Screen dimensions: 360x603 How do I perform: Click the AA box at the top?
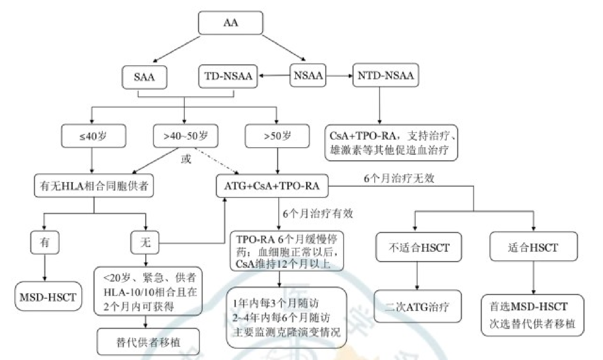click(x=231, y=23)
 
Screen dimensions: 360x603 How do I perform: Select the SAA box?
click(x=144, y=77)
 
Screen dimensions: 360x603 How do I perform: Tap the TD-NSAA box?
click(x=228, y=76)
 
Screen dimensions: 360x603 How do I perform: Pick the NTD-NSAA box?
click(x=385, y=76)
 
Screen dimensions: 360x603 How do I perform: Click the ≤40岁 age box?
click(x=93, y=136)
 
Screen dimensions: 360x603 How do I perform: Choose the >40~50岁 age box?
click(x=185, y=136)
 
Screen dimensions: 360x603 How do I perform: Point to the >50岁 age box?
click(x=277, y=136)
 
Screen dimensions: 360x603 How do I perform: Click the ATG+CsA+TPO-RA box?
click(x=272, y=186)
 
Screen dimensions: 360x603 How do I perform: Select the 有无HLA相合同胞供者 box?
click(x=94, y=185)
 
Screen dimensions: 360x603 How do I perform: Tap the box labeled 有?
click(x=45, y=242)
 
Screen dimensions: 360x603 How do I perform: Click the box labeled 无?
click(x=145, y=242)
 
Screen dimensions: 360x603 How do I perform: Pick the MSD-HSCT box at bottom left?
click(x=48, y=297)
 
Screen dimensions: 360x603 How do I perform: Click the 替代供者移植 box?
click(x=148, y=342)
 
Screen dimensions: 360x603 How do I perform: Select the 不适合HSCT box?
click(x=419, y=247)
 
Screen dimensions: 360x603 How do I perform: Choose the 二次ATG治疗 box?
click(x=418, y=306)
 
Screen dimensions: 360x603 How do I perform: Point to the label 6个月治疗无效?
click(x=399, y=178)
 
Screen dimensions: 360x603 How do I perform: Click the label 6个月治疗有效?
click(x=318, y=213)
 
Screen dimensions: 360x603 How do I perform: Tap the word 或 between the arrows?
click(x=186, y=159)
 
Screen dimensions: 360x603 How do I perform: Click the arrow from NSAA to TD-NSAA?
click(x=274, y=76)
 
